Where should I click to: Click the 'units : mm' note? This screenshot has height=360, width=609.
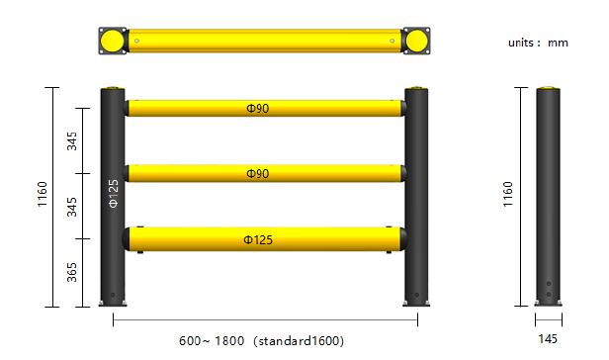point(538,43)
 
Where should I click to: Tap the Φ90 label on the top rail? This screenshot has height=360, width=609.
point(257,109)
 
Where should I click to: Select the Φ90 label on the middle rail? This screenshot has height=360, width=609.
point(257,174)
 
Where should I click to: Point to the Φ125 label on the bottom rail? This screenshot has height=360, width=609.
point(258,239)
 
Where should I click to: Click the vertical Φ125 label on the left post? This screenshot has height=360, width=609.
point(113,194)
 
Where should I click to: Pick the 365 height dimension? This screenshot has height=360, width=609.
point(72,272)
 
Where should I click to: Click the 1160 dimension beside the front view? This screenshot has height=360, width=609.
point(42,194)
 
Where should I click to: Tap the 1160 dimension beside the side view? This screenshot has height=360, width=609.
point(507,194)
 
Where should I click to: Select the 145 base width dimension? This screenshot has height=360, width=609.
point(548,339)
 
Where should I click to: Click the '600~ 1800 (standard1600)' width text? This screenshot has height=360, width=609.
point(261,341)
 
